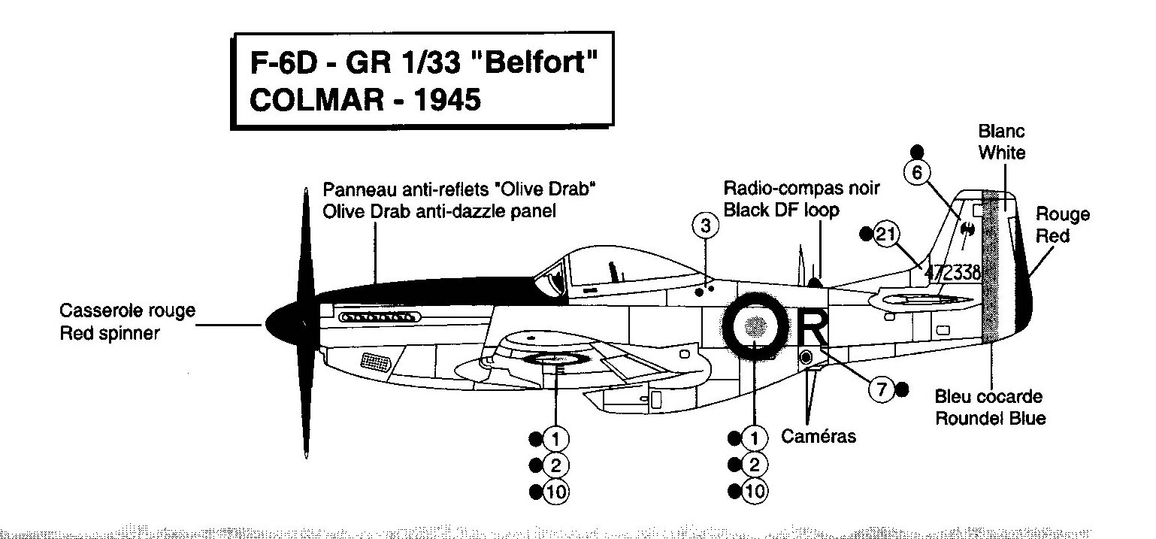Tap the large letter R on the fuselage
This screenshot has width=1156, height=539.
[814, 326]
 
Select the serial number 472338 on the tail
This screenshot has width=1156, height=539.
[953, 273]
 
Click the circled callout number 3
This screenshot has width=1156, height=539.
[704, 225]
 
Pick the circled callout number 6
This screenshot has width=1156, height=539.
[916, 172]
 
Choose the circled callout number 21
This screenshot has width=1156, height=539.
[887, 235]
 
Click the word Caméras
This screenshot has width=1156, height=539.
[819, 436]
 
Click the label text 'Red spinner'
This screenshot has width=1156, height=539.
[110, 333]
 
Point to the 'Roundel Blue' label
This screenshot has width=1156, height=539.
[990, 418]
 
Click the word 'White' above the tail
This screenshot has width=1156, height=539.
[1001, 153]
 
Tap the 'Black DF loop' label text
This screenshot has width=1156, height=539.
[780, 210]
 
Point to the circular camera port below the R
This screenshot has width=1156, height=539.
[806, 356]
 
